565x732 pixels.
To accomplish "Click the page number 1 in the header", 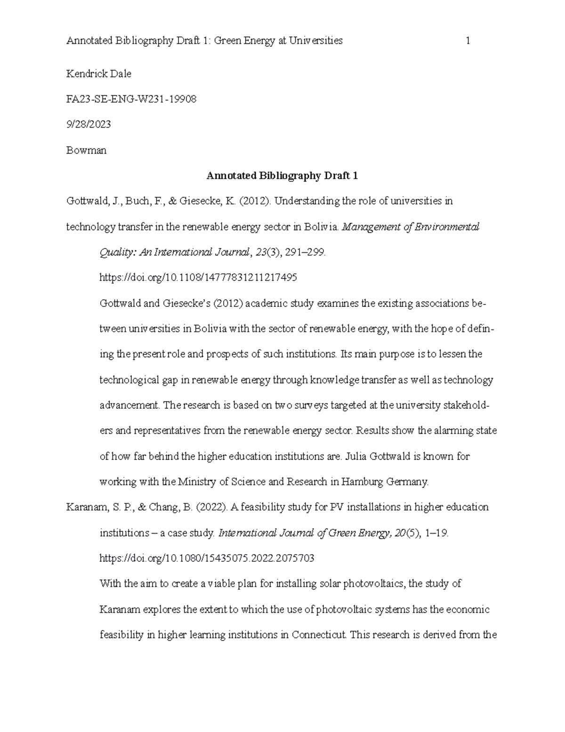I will pyautogui.click(x=468, y=41).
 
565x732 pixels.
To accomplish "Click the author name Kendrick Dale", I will pyautogui.click(x=99, y=74).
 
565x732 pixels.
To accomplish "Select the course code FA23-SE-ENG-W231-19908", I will pyautogui.click(x=131, y=99).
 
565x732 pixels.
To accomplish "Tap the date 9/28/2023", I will pyautogui.click(x=89, y=125).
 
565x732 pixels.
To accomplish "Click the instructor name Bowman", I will pyautogui.click(x=86, y=150).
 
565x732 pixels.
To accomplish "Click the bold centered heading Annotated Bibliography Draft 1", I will pyautogui.click(x=282, y=176).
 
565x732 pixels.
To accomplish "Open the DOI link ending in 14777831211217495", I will pyautogui.click(x=198, y=278).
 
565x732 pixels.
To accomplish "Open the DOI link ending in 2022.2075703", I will pyautogui.click(x=207, y=559).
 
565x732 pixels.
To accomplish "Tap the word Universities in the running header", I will pyautogui.click(x=315, y=41).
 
